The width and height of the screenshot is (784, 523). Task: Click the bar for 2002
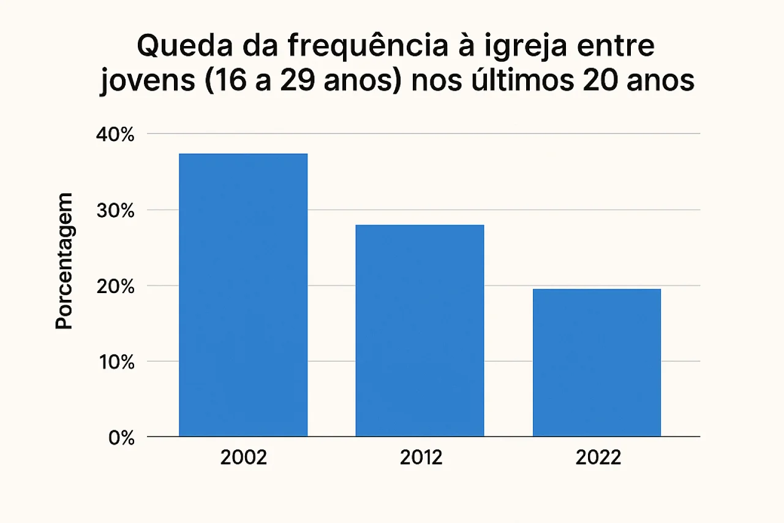click(243, 295)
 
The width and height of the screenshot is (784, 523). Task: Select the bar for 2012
click(420, 330)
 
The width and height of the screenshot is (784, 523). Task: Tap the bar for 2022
click(597, 362)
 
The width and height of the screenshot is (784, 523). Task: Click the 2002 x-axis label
click(244, 458)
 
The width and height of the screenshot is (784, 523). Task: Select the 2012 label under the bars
click(421, 458)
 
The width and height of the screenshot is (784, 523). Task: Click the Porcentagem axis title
click(64, 261)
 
